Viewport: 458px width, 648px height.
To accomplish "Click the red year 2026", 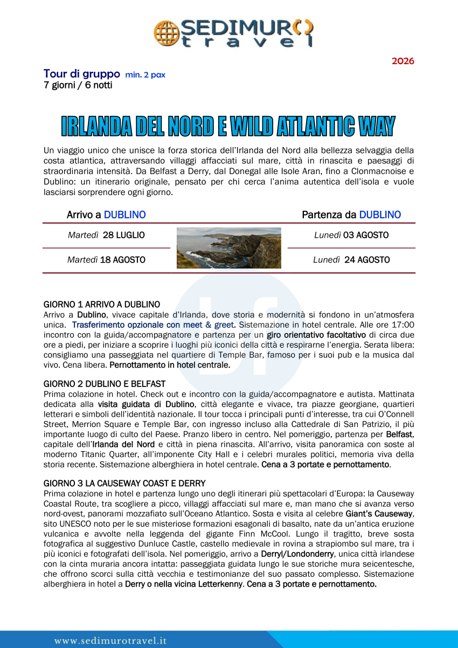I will click(x=403, y=61).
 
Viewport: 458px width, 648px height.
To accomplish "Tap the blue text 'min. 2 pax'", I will click(x=145, y=75).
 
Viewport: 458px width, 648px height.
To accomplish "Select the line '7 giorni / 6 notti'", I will click(x=78, y=85).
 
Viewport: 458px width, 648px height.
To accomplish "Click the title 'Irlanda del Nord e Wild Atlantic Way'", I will click(x=228, y=126).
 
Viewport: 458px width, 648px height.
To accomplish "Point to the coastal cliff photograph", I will click(x=228, y=248).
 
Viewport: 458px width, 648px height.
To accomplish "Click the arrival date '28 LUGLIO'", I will click(x=123, y=235).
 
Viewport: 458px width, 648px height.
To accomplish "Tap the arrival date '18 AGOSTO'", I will click(x=122, y=260).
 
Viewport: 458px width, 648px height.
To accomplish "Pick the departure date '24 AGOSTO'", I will click(x=367, y=260).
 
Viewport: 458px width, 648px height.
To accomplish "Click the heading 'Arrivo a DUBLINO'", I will click(x=106, y=215).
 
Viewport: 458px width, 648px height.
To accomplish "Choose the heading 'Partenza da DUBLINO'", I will click(x=351, y=215).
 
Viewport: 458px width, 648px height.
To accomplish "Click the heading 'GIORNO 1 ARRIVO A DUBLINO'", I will click(x=101, y=305).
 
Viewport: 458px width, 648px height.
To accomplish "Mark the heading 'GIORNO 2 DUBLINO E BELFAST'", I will click(x=104, y=384).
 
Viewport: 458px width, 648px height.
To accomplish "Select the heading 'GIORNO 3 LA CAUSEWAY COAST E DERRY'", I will click(x=124, y=483).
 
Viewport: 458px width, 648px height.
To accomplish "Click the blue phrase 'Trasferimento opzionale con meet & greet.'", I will click(x=154, y=325).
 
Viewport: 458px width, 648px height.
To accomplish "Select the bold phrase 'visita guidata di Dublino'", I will click(x=146, y=404).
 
